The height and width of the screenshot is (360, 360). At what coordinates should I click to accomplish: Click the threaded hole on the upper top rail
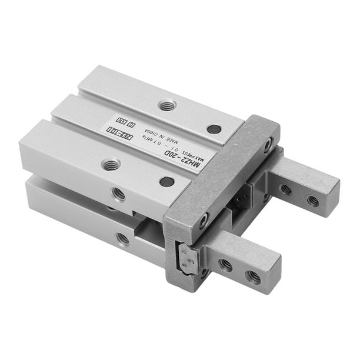point(168,105)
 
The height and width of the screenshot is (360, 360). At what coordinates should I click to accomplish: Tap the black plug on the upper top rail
point(214,129)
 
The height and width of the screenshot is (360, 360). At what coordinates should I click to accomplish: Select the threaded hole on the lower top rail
point(111,165)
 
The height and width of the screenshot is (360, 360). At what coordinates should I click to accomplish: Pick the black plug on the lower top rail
point(166,182)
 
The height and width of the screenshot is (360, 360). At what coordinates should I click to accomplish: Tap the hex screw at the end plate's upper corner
point(268,143)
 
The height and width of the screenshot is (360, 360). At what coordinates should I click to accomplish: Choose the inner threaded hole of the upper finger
point(286,190)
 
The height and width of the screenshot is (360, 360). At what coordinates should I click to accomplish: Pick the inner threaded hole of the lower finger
point(225,265)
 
